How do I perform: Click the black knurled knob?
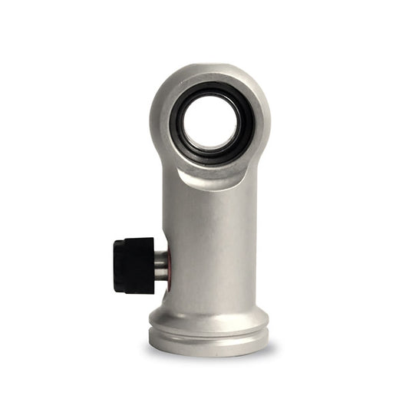pos(134,265)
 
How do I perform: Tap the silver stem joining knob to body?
pos(160,266)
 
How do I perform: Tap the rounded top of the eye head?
pos(209,71)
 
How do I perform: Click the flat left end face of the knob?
pos(117,265)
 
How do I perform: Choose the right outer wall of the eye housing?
pos(262,123)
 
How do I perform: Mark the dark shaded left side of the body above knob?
pos(167,215)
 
